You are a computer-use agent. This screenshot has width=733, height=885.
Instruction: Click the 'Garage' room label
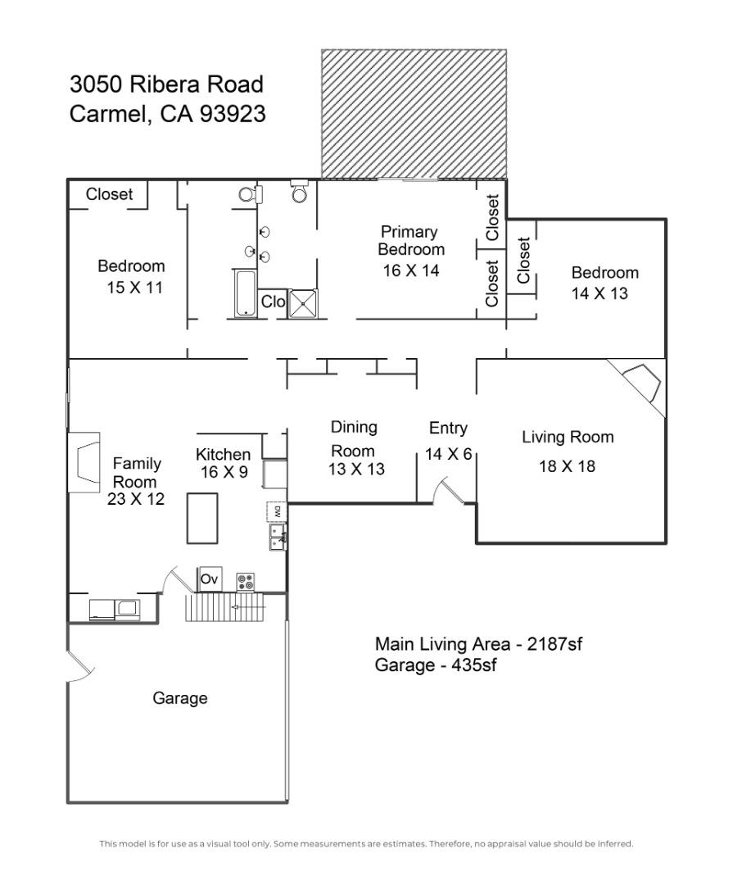[x=180, y=698]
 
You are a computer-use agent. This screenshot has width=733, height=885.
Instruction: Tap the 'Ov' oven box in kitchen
[x=209, y=579]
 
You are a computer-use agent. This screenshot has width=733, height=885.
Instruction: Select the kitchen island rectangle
[x=202, y=517]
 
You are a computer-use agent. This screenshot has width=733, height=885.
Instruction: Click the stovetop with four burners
[x=245, y=582]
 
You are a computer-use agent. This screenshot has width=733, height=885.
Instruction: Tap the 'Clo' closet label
[x=273, y=302]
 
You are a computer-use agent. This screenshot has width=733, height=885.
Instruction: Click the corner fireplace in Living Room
[x=643, y=383]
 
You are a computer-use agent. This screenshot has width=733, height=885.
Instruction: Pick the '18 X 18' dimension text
[x=567, y=466]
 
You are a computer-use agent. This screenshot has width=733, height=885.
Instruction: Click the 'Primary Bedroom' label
[x=409, y=241]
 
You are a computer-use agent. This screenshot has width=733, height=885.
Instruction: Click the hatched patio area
[x=413, y=113]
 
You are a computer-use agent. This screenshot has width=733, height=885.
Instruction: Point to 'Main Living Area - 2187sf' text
[x=478, y=644]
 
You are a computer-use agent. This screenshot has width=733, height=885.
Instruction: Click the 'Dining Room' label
[x=354, y=438]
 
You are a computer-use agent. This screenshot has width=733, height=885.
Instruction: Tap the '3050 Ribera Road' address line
[x=166, y=84]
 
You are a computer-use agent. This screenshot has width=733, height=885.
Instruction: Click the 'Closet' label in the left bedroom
[x=109, y=194]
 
